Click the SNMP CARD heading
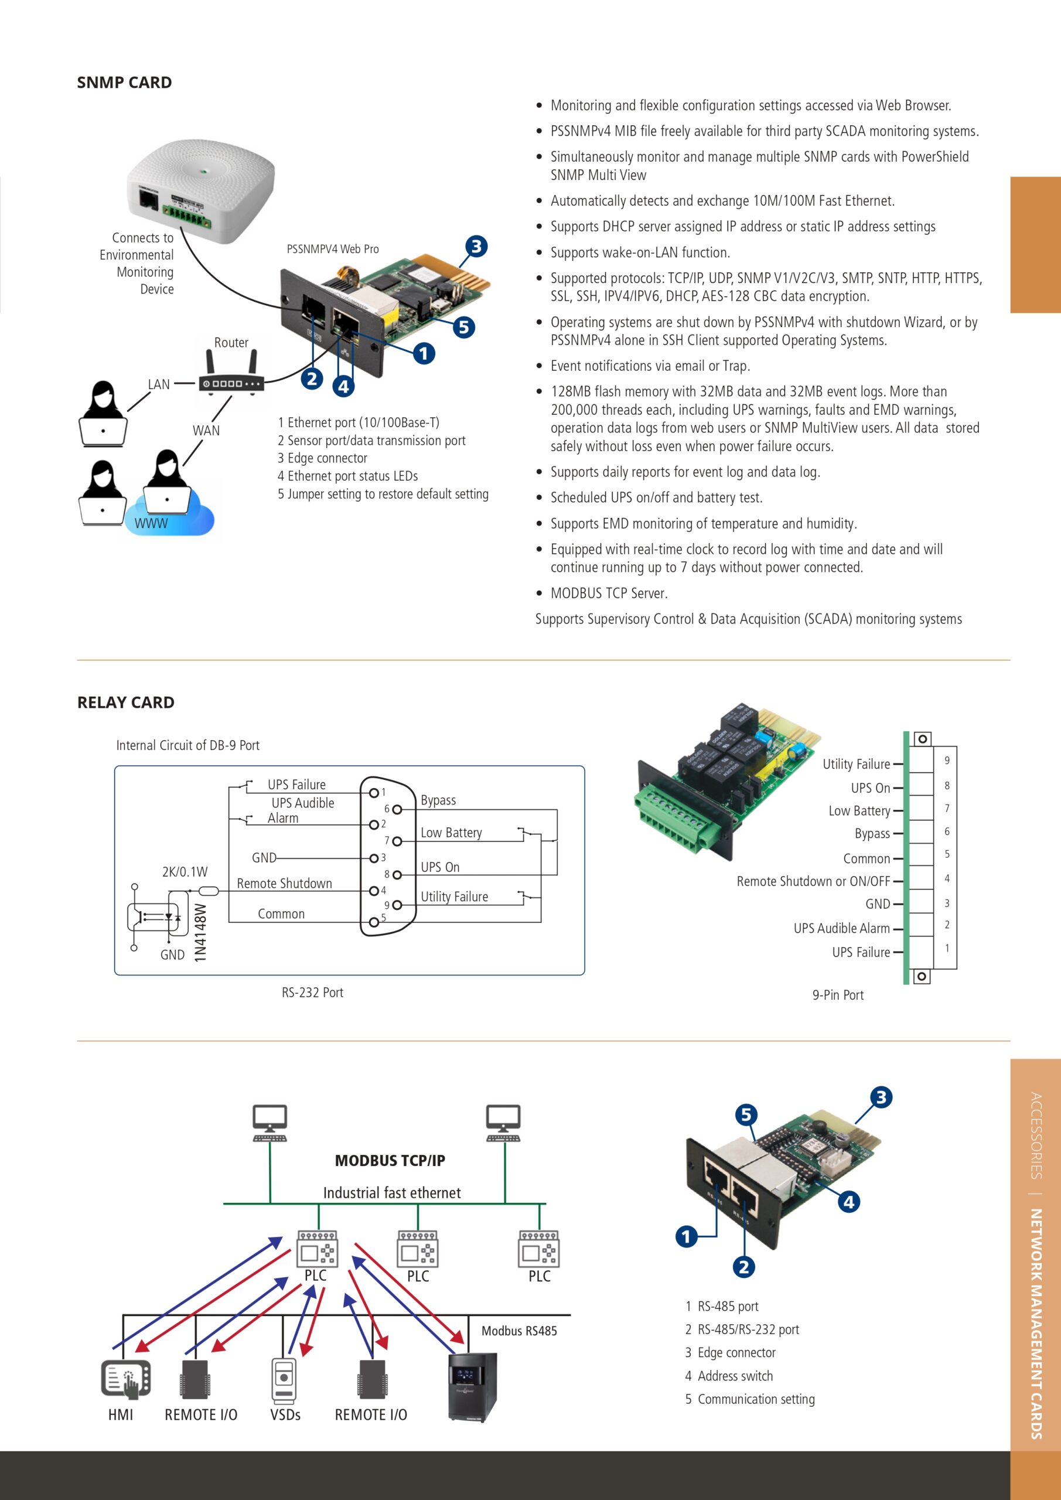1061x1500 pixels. (x=124, y=82)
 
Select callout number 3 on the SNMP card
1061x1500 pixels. (x=476, y=246)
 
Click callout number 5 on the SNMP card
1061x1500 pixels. (x=463, y=326)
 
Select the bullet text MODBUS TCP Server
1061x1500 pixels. (x=608, y=593)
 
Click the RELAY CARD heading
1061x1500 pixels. (x=125, y=703)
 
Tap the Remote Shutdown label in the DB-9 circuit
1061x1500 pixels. (x=284, y=883)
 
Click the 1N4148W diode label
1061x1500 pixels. (x=200, y=932)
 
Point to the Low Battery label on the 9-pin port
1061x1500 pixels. (x=858, y=811)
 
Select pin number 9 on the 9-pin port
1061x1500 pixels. (x=946, y=761)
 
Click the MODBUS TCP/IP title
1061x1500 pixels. (x=390, y=1160)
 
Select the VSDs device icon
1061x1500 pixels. (x=284, y=1379)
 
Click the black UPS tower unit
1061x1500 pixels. (x=472, y=1386)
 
